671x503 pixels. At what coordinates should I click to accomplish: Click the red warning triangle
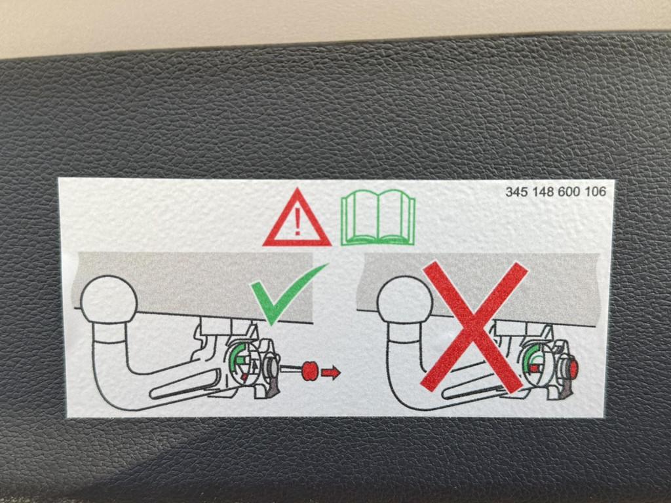coord(297,235)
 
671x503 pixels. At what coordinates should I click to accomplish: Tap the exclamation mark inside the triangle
coord(297,222)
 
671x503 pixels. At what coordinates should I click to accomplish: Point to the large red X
coord(474,327)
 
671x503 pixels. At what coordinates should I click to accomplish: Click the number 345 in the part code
coord(516,192)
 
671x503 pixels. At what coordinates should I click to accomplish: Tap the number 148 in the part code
coord(543,192)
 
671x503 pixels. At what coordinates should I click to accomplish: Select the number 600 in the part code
coord(569,192)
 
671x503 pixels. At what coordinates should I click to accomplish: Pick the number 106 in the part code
coord(595,192)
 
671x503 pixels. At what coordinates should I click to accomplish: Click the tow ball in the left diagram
coord(109,299)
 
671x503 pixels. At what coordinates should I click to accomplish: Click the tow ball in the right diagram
coord(404,300)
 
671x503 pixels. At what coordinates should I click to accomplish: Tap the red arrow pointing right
coord(330,373)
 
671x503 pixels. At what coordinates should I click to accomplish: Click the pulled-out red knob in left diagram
coord(309,371)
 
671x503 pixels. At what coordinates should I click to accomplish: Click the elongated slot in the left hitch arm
coord(184,385)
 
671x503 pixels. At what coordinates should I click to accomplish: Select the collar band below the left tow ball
coord(109,333)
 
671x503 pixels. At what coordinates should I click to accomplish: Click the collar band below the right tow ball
coord(404,333)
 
